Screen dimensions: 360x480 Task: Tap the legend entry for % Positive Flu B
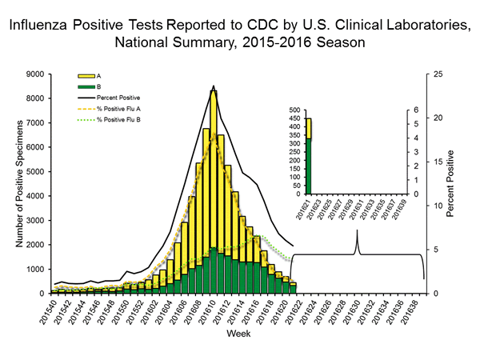[x=114, y=119]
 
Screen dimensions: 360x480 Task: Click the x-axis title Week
[x=238, y=332]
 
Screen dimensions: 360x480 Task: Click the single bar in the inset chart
[x=308, y=157]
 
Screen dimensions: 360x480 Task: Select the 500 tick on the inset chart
[x=293, y=110]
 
